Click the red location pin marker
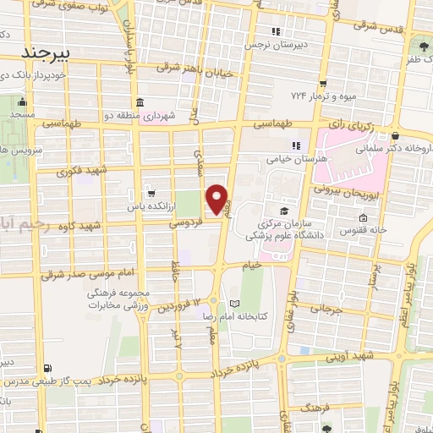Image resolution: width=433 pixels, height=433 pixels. [217, 200]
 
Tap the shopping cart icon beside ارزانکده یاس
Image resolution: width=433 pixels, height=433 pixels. [150, 192]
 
